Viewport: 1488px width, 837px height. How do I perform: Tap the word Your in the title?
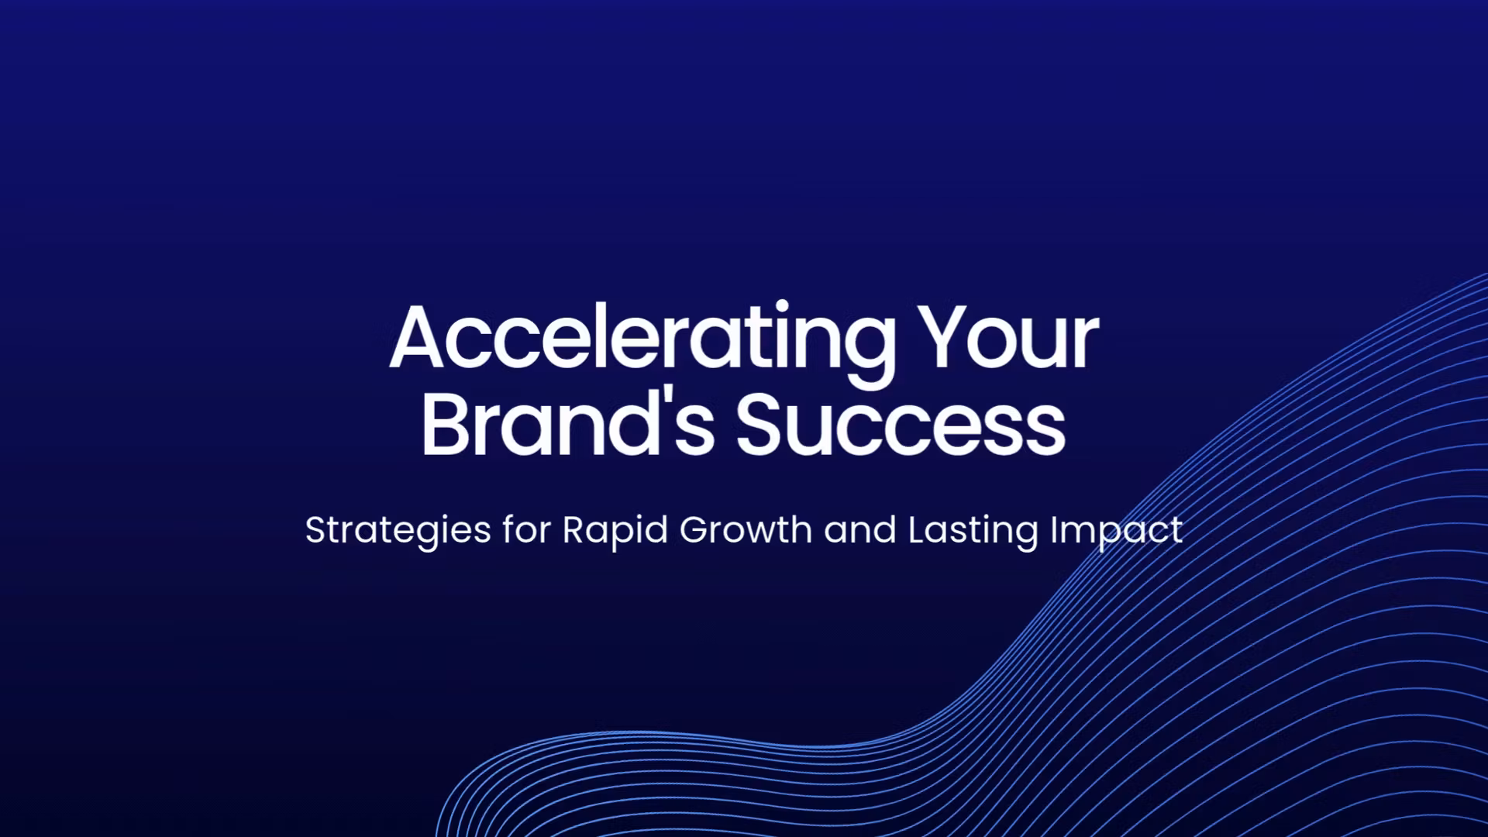[1008, 337]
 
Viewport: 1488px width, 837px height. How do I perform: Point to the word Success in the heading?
[901, 424]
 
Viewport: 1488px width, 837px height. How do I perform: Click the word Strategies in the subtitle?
[398, 532]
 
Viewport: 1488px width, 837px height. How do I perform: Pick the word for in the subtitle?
[527, 530]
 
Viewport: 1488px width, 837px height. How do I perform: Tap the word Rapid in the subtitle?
[615, 532]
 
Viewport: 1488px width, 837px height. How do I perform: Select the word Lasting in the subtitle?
[973, 532]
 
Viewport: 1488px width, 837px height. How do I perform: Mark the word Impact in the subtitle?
[1117, 532]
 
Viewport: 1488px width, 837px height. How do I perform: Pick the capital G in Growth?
[696, 530]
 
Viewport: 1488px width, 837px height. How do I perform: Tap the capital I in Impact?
[1054, 530]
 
